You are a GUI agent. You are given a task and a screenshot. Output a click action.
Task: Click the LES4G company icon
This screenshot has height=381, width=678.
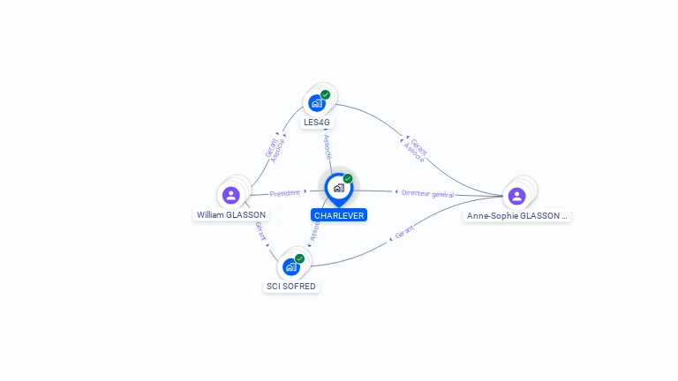click(x=317, y=103)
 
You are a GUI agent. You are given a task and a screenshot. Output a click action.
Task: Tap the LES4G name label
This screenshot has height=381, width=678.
click(x=317, y=123)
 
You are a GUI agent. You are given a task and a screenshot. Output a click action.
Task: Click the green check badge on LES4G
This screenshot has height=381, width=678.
click(x=325, y=94)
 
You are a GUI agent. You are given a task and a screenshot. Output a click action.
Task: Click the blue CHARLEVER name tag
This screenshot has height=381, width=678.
click(x=339, y=215)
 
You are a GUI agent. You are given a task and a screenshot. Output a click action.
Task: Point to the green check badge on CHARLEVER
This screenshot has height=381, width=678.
click(x=348, y=178)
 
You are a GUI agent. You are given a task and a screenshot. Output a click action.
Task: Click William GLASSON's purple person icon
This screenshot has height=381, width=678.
click(x=231, y=195)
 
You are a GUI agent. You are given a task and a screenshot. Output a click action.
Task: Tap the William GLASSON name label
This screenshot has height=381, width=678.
click(x=231, y=214)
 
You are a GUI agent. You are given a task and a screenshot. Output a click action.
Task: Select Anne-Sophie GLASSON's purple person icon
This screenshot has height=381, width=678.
click(x=516, y=196)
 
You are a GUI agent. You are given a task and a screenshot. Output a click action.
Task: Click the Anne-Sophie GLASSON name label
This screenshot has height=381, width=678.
click(x=516, y=215)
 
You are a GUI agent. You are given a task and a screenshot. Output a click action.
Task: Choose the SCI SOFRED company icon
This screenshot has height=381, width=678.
click(x=291, y=267)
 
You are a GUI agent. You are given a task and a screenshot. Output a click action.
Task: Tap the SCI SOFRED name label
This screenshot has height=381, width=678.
click(x=291, y=286)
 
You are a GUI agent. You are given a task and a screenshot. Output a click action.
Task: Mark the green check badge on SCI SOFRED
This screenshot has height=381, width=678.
click(x=299, y=258)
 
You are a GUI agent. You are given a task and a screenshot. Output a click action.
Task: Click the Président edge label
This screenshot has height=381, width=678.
click(x=284, y=193)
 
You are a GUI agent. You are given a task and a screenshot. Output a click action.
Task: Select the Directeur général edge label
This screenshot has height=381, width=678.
click(x=427, y=194)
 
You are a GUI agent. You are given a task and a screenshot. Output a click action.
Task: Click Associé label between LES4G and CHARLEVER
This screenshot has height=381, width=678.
click(x=328, y=147)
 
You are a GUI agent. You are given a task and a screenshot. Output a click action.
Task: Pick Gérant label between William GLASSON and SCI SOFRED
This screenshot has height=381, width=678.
click(x=260, y=231)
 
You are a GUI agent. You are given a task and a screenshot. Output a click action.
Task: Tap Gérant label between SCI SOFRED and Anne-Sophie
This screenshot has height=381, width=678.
click(x=404, y=232)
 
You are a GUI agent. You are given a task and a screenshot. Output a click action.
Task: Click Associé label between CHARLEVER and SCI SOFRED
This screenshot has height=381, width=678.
click(x=314, y=231)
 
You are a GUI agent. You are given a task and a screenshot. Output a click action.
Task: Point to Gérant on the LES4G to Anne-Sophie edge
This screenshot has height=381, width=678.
click(x=419, y=147)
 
